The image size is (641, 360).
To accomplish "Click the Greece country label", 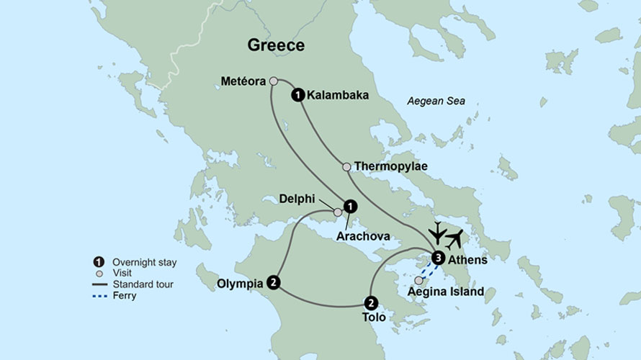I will [276, 45].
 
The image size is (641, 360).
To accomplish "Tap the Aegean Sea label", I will [436, 102].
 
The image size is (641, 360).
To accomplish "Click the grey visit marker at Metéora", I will [274, 81].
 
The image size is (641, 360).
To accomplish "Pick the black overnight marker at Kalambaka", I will [297, 94].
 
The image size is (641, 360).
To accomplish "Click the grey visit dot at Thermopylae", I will [346, 167].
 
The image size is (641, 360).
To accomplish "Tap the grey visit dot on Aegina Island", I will [418, 280].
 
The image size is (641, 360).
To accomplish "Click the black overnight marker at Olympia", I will [273, 282].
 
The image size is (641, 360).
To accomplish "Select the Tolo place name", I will [372, 318].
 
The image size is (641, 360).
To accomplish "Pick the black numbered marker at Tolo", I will [371, 302].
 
